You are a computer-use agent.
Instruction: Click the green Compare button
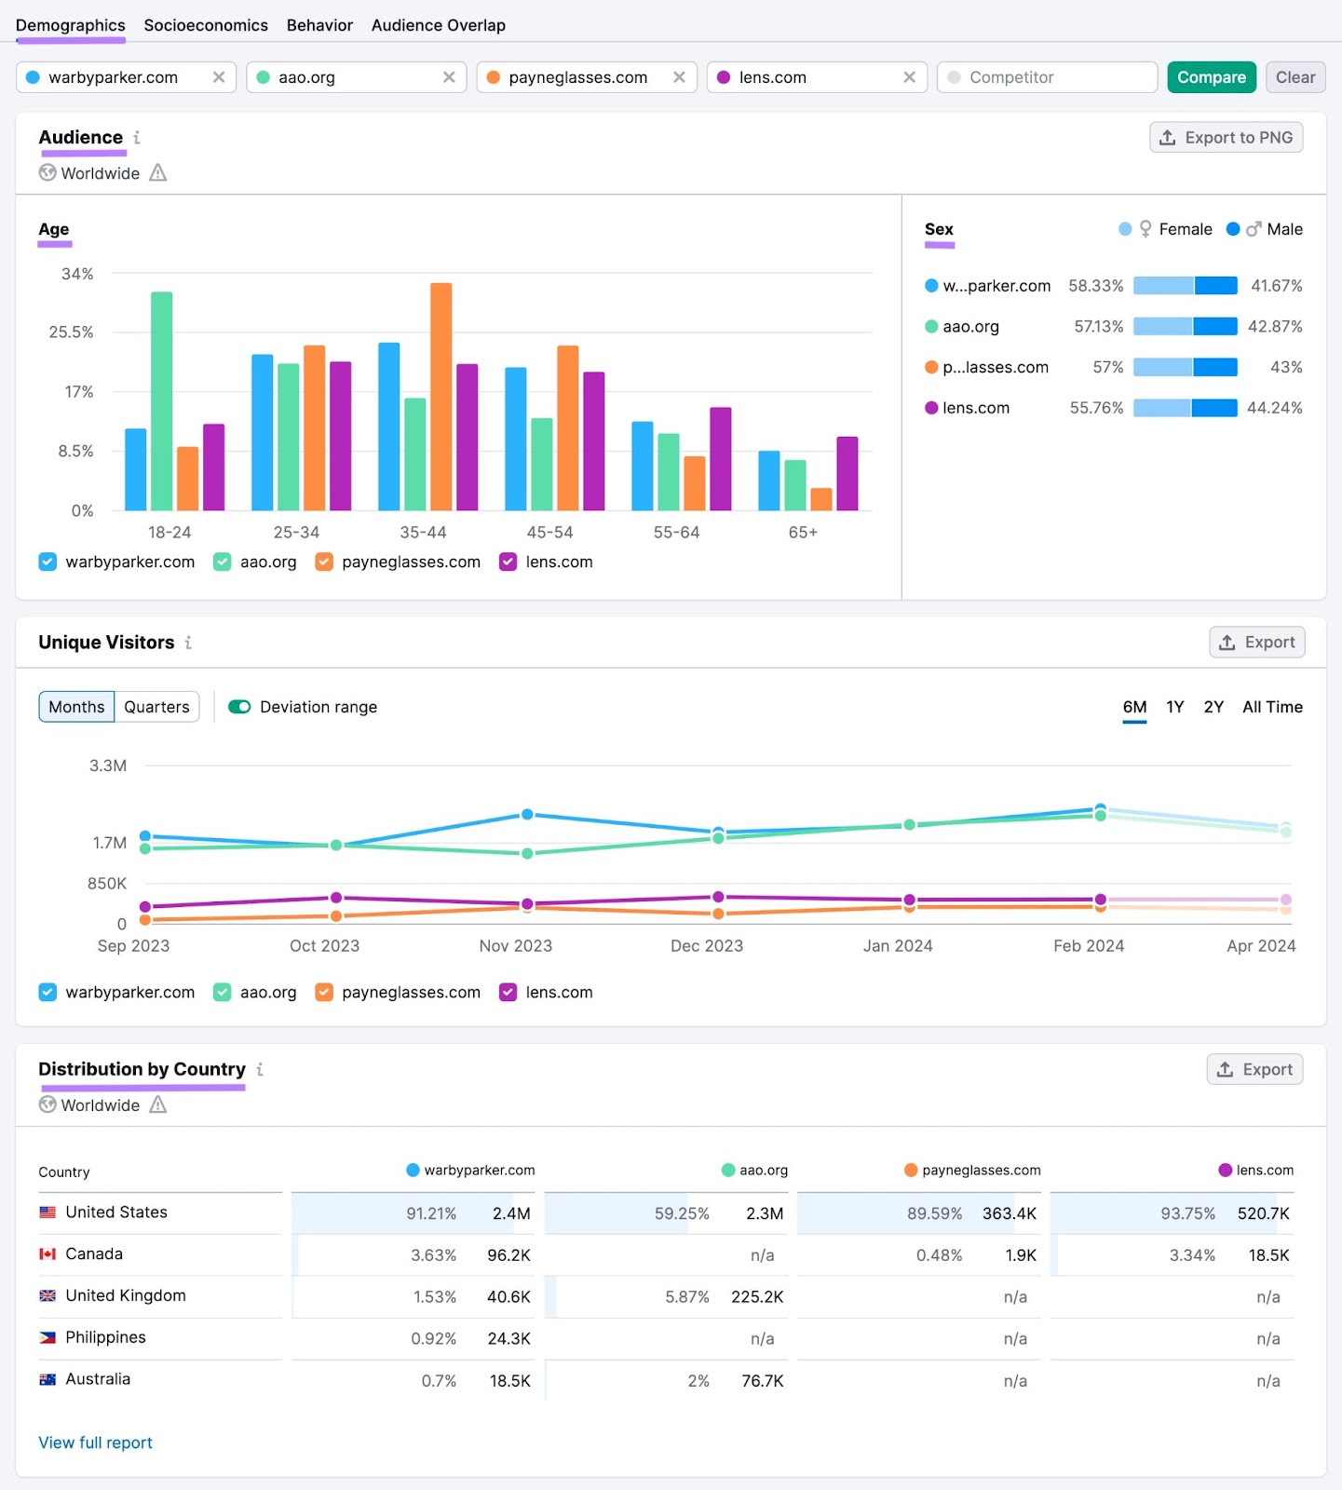(x=1211, y=77)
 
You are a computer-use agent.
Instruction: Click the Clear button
(x=1295, y=77)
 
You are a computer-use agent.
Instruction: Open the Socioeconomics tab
(x=206, y=25)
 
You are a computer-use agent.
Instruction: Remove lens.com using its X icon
(x=909, y=77)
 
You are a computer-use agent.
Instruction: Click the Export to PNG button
(x=1226, y=138)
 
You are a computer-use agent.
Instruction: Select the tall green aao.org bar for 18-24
(x=161, y=400)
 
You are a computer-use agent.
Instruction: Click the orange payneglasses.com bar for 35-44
(x=441, y=396)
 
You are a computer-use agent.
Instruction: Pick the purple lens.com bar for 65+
(x=847, y=473)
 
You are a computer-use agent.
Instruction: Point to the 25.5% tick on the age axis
(x=71, y=332)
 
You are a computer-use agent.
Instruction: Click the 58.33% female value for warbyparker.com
(x=1095, y=286)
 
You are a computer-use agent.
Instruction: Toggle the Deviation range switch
(x=239, y=707)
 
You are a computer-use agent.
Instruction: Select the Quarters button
(x=156, y=707)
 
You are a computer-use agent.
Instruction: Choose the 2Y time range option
(x=1213, y=707)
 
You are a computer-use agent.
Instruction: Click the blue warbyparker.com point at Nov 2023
(x=527, y=814)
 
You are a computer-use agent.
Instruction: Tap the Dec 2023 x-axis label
(x=706, y=946)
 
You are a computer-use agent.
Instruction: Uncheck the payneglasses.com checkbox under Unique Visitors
(x=324, y=993)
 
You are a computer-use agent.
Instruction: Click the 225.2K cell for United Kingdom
(x=756, y=1296)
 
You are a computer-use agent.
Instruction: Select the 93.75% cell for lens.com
(x=1187, y=1213)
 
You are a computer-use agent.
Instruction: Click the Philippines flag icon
(x=47, y=1338)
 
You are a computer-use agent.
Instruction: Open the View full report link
(x=95, y=1443)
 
